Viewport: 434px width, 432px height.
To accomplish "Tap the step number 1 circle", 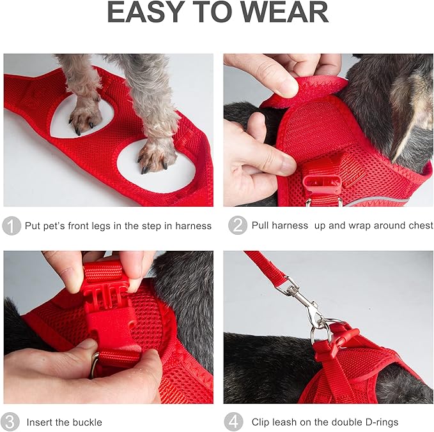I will [x=11, y=226].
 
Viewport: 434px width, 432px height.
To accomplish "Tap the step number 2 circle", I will [x=237, y=226].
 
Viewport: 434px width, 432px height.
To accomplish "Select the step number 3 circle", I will [x=11, y=422].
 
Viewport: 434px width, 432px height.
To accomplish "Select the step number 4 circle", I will [x=234, y=422].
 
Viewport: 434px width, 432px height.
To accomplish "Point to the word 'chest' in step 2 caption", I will [x=419, y=226].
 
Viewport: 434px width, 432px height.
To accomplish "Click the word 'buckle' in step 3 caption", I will [x=86, y=422].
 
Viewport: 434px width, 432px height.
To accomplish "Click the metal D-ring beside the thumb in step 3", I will [x=95, y=364].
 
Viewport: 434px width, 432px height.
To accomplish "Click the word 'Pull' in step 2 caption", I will [x=262, y=226].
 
